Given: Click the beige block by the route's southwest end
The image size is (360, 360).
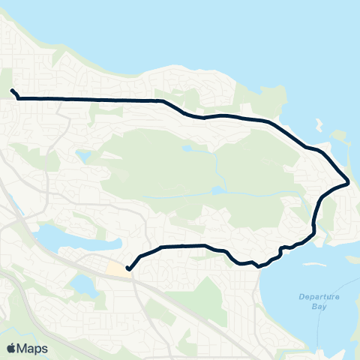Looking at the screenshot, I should click(117, 268).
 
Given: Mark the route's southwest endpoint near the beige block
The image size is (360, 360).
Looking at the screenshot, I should click(128, 268).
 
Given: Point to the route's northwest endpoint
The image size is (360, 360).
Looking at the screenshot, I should click(12, 91).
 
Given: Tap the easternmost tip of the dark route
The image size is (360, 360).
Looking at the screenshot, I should click(348, 182).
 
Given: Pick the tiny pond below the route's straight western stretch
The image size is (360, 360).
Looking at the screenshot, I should click(82, 157).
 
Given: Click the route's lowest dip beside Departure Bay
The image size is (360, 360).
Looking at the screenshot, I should click(257, 265).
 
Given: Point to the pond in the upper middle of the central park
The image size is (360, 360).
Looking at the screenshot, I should click(186, 148).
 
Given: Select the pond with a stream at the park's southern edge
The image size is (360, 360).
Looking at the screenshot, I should click(217, 191).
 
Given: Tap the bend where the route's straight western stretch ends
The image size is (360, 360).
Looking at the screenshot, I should click(160, 100).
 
